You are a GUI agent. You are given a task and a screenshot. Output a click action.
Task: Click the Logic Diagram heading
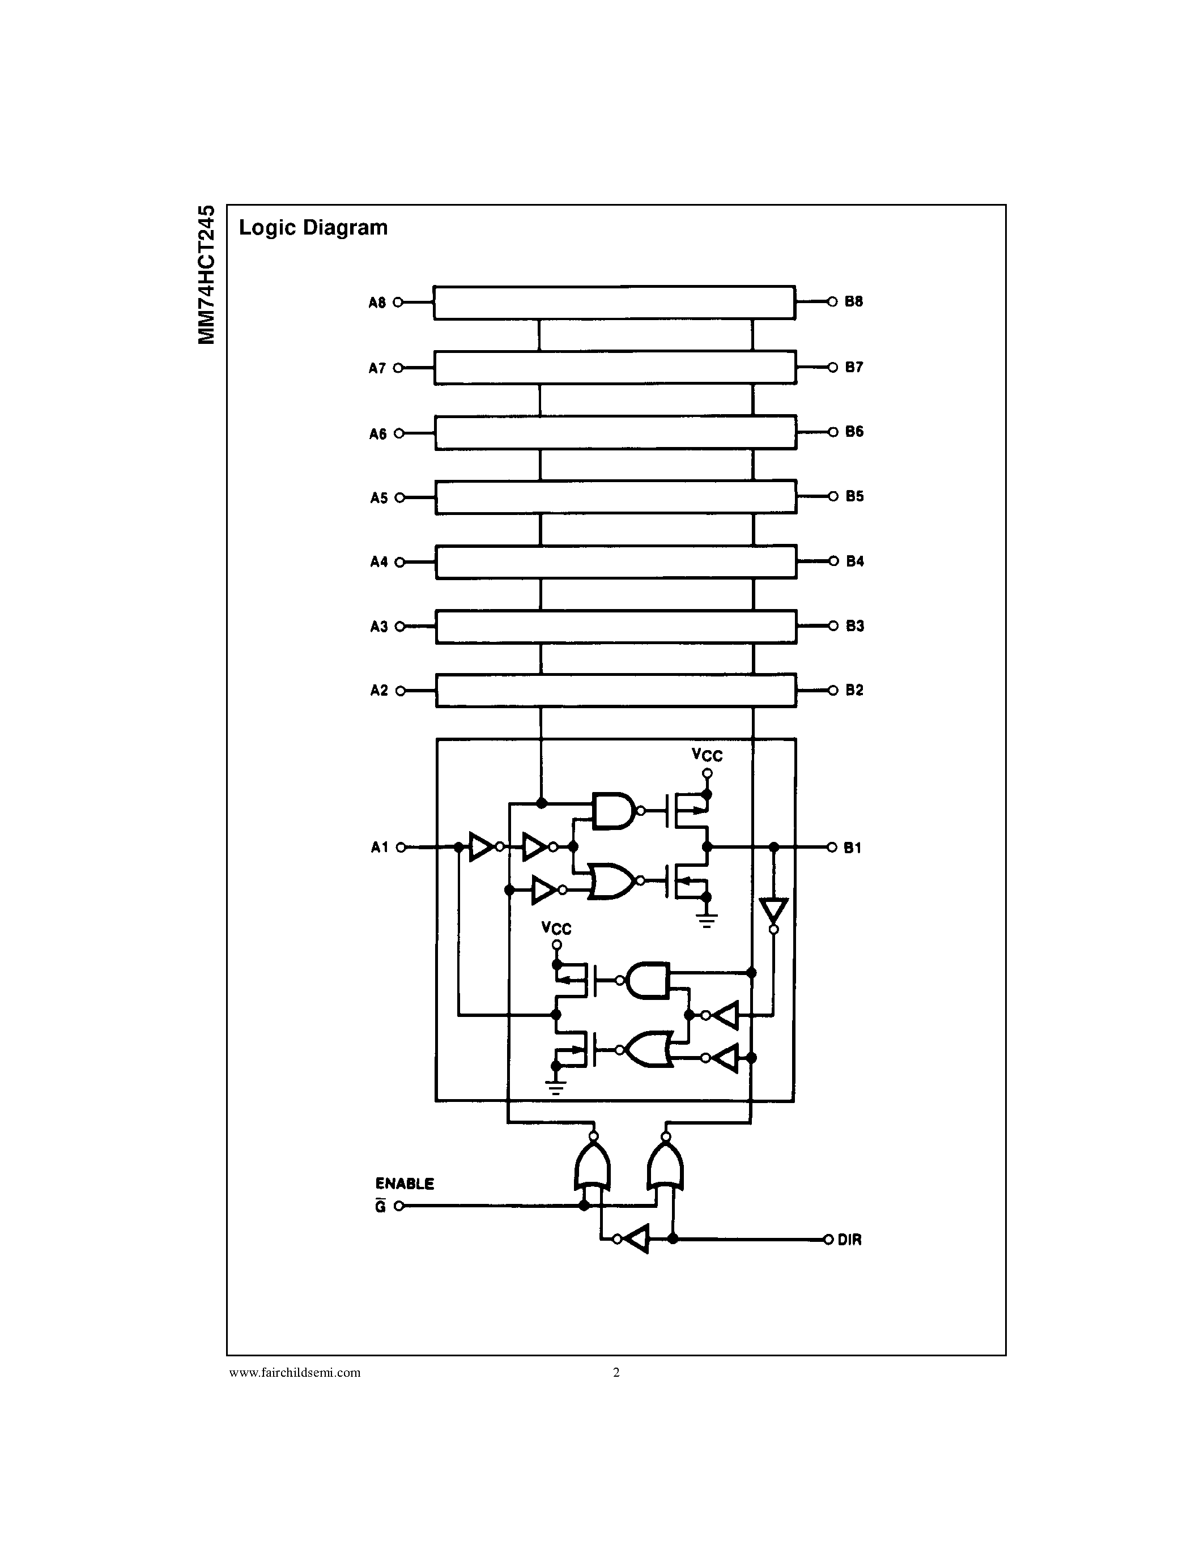313,228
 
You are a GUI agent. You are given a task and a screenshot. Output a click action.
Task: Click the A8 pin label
377,303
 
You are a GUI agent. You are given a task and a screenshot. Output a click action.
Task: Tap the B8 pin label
854,302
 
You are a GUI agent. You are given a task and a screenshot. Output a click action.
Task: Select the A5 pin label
378,498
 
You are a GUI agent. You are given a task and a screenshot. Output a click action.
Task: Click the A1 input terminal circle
401,848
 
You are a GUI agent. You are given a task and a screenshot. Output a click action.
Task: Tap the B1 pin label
852,848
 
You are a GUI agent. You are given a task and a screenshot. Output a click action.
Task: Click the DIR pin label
849,1240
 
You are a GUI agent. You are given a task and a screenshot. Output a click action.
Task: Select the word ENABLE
405,1184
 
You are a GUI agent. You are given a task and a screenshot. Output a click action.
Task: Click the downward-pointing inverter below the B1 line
774,911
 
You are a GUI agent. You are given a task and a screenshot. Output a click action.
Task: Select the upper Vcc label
707,755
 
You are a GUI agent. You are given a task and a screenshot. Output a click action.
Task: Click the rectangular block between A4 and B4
615,562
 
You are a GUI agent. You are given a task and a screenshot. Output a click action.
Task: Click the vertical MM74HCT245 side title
207,275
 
